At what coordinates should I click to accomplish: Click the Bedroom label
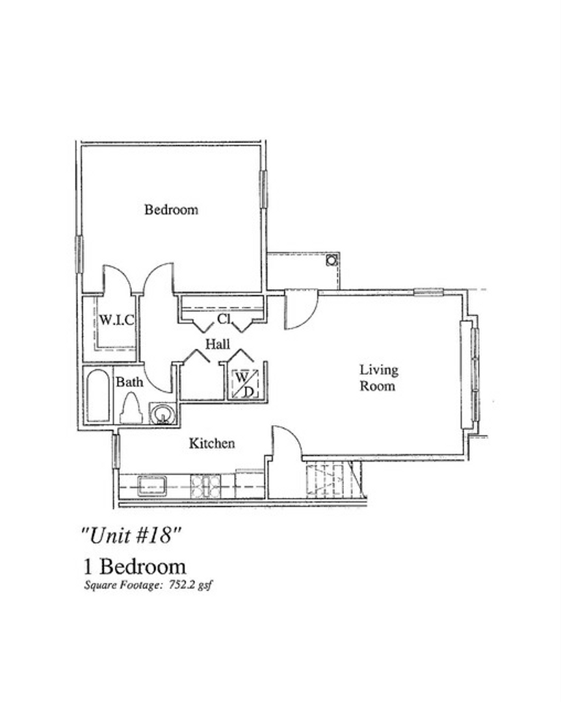[171, 210]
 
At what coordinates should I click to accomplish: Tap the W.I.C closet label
[116, 320]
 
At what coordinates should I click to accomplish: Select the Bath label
[129, 382]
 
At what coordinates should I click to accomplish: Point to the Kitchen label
[212, 444]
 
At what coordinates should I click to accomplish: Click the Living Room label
[379, 378]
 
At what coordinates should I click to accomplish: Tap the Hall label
[218, 343]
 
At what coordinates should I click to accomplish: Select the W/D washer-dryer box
[244, 383]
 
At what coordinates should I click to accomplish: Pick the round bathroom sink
[162, 414]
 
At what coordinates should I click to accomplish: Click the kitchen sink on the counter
[151, 486]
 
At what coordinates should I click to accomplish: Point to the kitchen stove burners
[205, 486]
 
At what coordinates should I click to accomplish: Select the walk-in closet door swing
[117, 278]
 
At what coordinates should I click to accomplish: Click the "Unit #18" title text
[130, 536]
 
